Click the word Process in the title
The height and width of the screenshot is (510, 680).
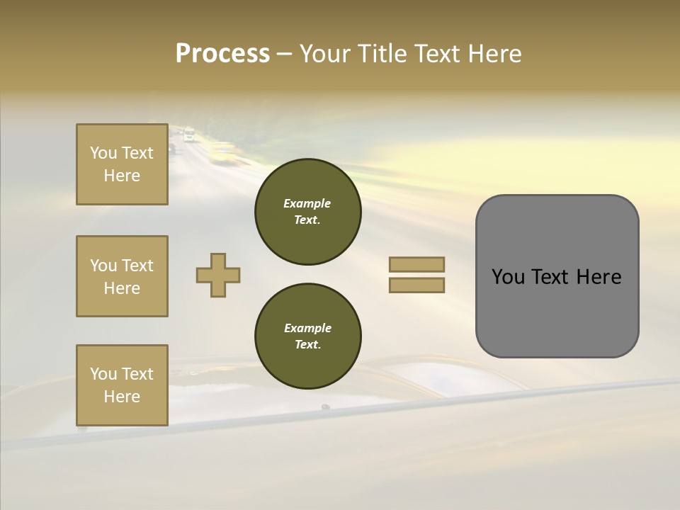click(x=222, y=54)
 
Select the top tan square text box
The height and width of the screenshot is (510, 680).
click(x=122, y=164)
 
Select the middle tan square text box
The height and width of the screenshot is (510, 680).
click(x=122, y=276)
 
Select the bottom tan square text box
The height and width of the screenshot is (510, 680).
click(x=122, y=385)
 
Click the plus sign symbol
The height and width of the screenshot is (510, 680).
click(x=218, y=275)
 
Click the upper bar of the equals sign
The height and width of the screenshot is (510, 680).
click(x=416, y=264)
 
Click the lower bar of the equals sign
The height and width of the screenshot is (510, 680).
click(x=416, y=285)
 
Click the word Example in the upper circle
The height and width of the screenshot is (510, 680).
click(x=307, y=203)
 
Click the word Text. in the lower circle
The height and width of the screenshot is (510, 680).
click(x=307, y=344)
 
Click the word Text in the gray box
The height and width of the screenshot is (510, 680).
click(x=551, y=277)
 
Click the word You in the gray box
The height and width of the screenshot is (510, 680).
click(x=508, y=277)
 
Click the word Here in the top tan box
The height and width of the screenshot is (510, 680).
click(x=122, y=176)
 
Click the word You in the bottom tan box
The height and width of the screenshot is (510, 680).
click(x=103, y=374)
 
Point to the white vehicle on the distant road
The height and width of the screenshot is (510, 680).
click(x=188, y=135)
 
